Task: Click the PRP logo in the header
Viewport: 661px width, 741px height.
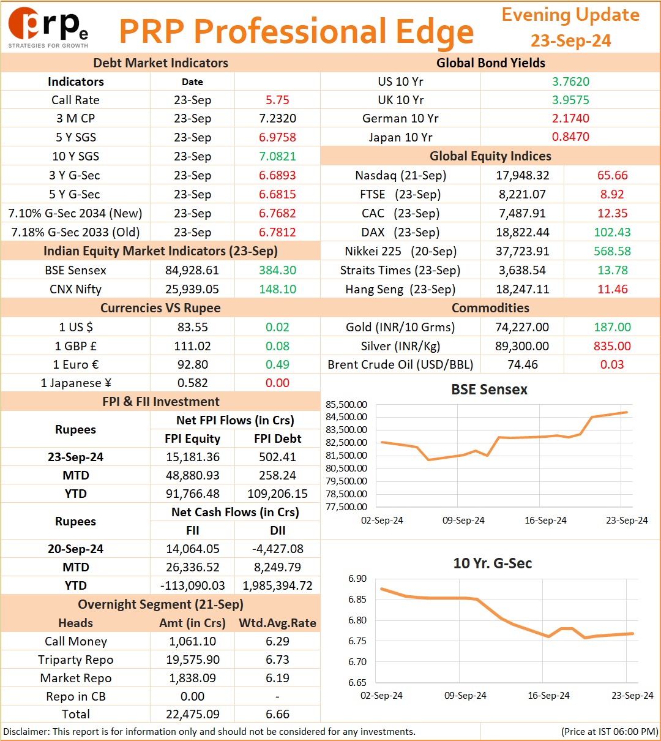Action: [48, 28]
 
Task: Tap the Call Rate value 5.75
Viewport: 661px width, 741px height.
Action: [277, 100]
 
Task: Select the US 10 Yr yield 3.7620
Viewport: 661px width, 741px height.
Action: [570, 81]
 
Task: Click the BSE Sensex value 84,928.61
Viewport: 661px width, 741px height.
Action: [192, 270]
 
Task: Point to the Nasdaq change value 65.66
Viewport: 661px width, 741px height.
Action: [613, 175]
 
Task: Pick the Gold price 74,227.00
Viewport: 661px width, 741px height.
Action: [522, 327]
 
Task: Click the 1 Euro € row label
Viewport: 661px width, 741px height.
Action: [76, 364]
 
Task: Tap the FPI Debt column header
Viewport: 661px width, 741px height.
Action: [277, 438]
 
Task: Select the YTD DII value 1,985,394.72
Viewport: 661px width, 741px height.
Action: [277, 585]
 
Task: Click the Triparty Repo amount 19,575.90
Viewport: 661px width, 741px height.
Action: [193, 660]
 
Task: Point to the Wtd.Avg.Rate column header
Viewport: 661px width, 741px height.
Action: [277, 623]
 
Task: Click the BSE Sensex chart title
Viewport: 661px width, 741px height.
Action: [489, 389]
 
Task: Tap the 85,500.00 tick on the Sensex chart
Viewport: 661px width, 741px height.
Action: [346, 405]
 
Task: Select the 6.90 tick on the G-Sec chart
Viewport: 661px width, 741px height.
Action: [357, 579]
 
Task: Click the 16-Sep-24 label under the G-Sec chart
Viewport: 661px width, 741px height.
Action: [548, 695]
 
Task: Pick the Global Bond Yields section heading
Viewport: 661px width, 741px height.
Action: [491, 63]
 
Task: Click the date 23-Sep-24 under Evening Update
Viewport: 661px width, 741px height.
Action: [570, 40]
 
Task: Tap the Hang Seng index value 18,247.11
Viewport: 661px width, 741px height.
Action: [522, 289]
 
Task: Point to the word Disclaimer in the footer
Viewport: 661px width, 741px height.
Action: [26, 731]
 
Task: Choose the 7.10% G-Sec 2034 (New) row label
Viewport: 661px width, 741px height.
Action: [75, 213]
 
